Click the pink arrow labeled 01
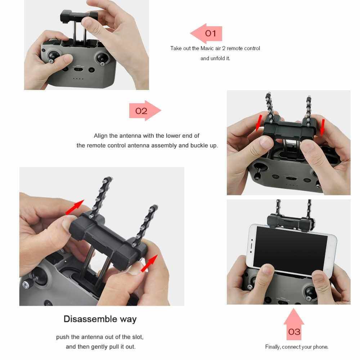pos(206,33)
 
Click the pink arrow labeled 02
pos(145,111)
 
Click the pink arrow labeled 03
pos(294,324)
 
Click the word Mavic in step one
pos(207,49)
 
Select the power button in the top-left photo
pos(91,70)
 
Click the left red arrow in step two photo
pos(259,123)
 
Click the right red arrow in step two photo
pos(323,127)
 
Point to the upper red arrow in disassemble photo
pos(75,207)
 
